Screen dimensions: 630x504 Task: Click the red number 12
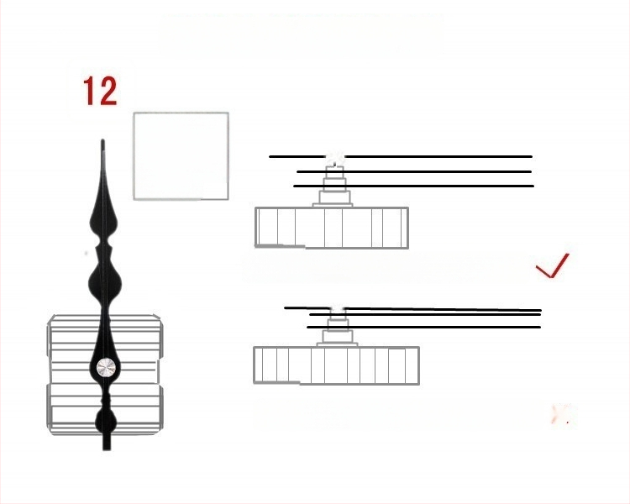100,92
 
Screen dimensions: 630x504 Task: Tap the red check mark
553,265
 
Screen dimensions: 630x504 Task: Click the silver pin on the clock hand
106,368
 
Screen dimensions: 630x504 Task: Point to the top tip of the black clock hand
102,140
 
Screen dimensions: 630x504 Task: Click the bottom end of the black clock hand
107,449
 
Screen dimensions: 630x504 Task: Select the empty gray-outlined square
181,156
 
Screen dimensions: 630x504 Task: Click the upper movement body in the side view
332,228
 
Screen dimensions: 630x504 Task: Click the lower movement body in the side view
336,365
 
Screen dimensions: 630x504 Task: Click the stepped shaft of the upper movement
333,186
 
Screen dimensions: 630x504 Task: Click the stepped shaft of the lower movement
337,329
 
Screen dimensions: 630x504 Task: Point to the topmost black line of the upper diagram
401,156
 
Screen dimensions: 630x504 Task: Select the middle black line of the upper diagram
414,171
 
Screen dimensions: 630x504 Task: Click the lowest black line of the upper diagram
413,186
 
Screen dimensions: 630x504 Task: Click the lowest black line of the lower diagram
424,327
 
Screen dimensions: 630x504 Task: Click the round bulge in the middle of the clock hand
105,282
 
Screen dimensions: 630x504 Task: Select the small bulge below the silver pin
106,421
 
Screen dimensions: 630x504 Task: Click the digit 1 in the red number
90,92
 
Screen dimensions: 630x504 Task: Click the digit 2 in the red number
108,92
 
